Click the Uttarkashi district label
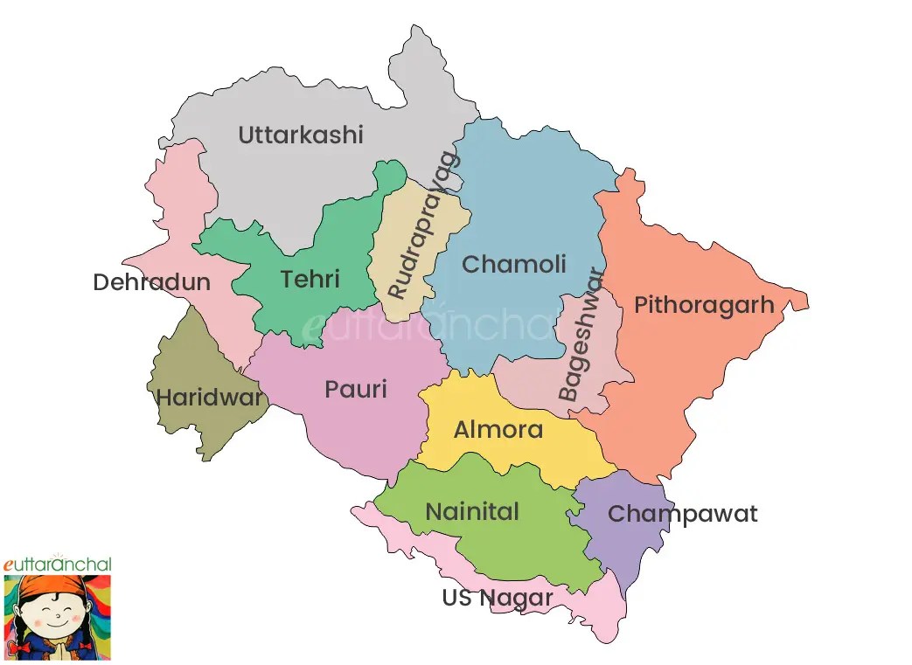coord(300,135)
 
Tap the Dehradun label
coord(151,282)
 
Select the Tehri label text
coord(310,279)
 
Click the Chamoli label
coord(514,264)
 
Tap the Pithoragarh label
coord(704,305)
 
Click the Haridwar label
coord(209,398)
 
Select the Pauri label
coord(355,389)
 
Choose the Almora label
coord(498,430)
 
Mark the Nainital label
coord(472,511)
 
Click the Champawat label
coord(682,514)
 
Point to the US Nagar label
coord(497,598)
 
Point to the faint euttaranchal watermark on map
coord(428,325)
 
